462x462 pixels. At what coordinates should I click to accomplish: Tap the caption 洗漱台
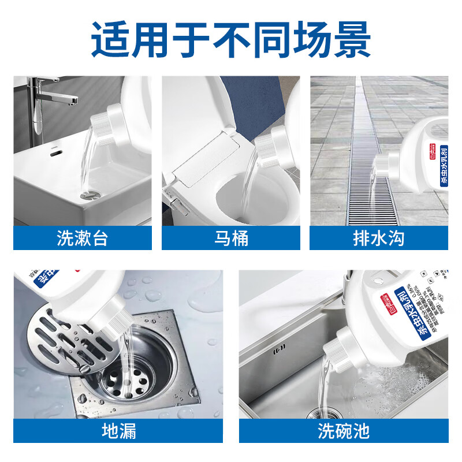(83, 238)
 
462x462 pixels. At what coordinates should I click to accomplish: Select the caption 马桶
(231, 238)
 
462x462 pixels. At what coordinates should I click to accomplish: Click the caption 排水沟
(379, 238)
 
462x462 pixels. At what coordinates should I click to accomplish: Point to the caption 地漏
(118, 431)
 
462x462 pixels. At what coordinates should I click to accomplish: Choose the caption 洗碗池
(343, 431)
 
